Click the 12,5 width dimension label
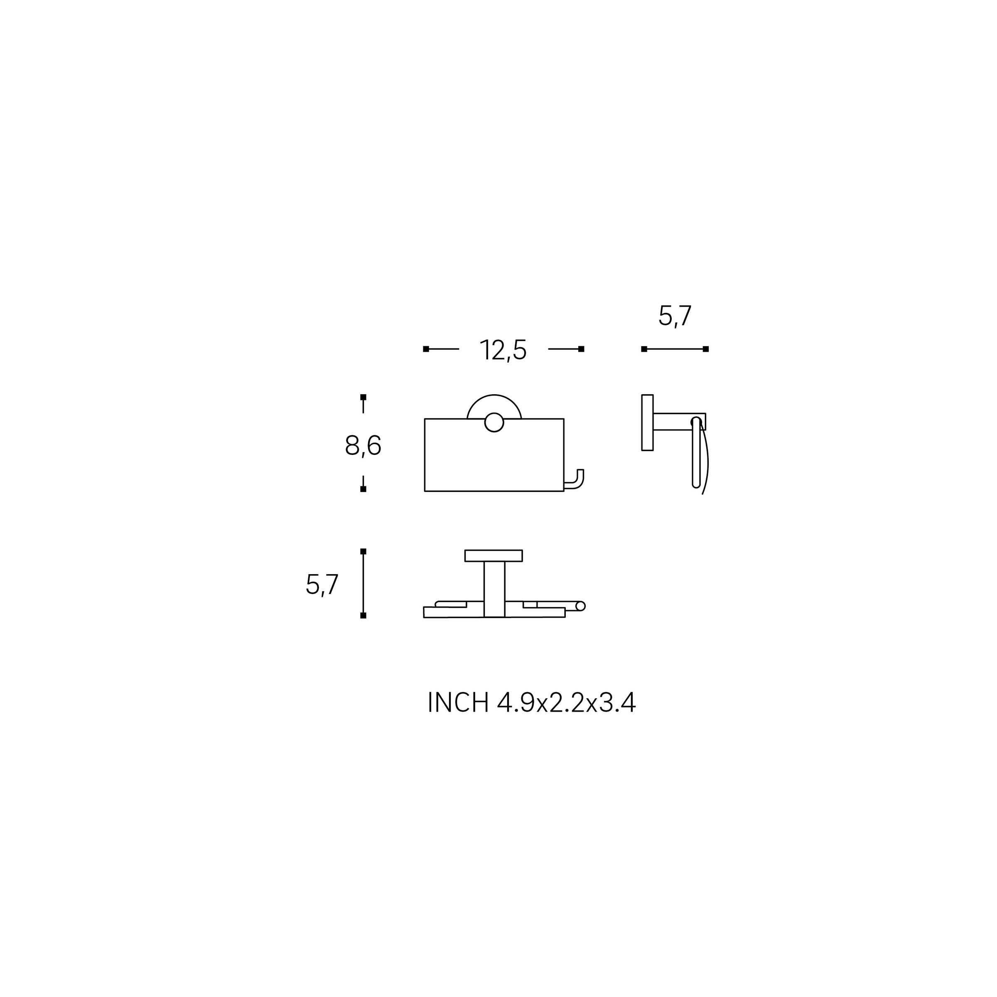tap(503, 350)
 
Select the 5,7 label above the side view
tap(675, 316)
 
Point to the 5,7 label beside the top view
tap(322, 584)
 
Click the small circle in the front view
tap(494, 422)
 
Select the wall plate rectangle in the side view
tap(647, 422)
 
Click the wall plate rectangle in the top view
tap(494, 556)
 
